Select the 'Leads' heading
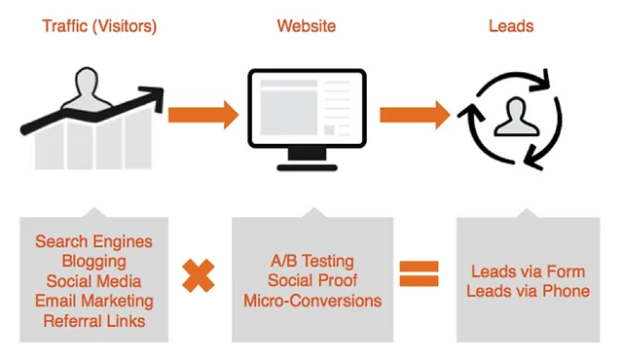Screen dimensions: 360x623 510,26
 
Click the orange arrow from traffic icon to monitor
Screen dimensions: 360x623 202,114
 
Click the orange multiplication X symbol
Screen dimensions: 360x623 199,276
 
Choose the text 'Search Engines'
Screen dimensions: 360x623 93,241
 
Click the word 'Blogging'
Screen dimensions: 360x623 93,262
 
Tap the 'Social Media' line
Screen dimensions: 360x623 93,282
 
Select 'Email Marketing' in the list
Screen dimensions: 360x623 93,302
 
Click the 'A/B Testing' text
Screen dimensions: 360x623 311,261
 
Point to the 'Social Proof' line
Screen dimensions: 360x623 311,281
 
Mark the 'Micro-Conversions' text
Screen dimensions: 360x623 311,301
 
